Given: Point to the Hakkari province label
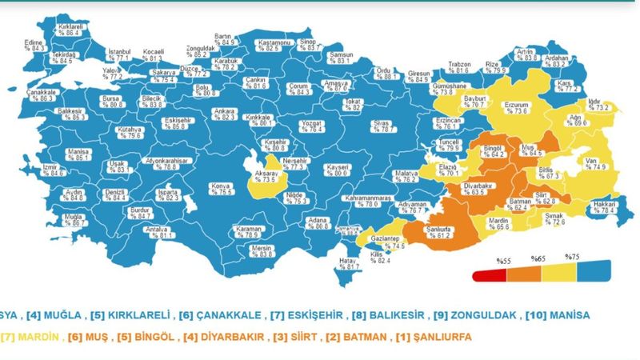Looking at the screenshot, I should pos(605,207).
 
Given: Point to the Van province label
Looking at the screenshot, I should pos(591,164).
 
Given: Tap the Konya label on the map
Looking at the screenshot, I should pos(218,189).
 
